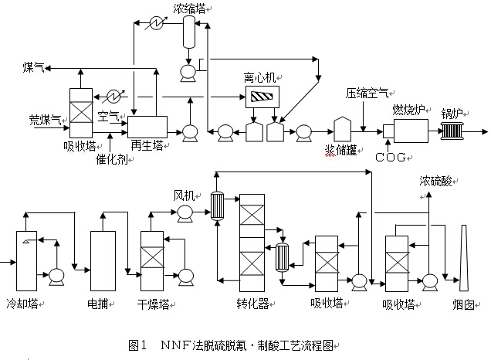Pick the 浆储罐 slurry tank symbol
[342, 129]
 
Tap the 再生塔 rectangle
[147, 127]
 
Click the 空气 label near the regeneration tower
[108, 115]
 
